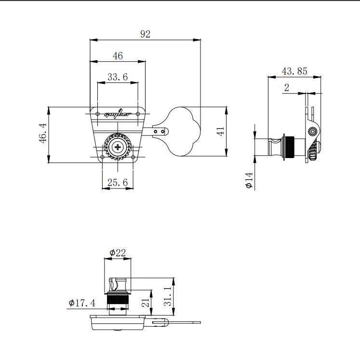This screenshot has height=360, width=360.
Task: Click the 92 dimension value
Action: pyautogui.click(x=146, y=34)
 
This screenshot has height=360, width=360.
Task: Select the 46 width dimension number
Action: pyautogui.click(x=118, y=56)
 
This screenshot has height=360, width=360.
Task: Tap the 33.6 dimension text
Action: pyautogui.click(x=118, y=77)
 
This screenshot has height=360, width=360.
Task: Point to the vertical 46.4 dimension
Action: pyautogui.click(x=42, y=133)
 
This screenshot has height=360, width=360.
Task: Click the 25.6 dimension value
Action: pyautogui.click(x=118, y=183)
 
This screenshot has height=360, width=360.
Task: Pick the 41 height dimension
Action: pyautogui.click(x=221, y=132)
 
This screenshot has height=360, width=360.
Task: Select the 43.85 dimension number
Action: pyautogui.click(x=294, y=71)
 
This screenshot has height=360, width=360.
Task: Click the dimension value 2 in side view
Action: pyautogui.click(x=287, y=87)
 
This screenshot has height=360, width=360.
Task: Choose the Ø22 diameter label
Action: pyautogui.click(x=118, y=253)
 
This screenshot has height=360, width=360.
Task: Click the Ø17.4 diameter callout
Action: pyautogui.click(x=82, y=303)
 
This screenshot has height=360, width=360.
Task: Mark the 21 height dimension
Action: pyautogui.click(x=145, y=303)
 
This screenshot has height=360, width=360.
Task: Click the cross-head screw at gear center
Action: pyautogui.click(x=118, y=147)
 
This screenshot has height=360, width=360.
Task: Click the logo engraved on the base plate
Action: pyautogui.click(x=118, y=115)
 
